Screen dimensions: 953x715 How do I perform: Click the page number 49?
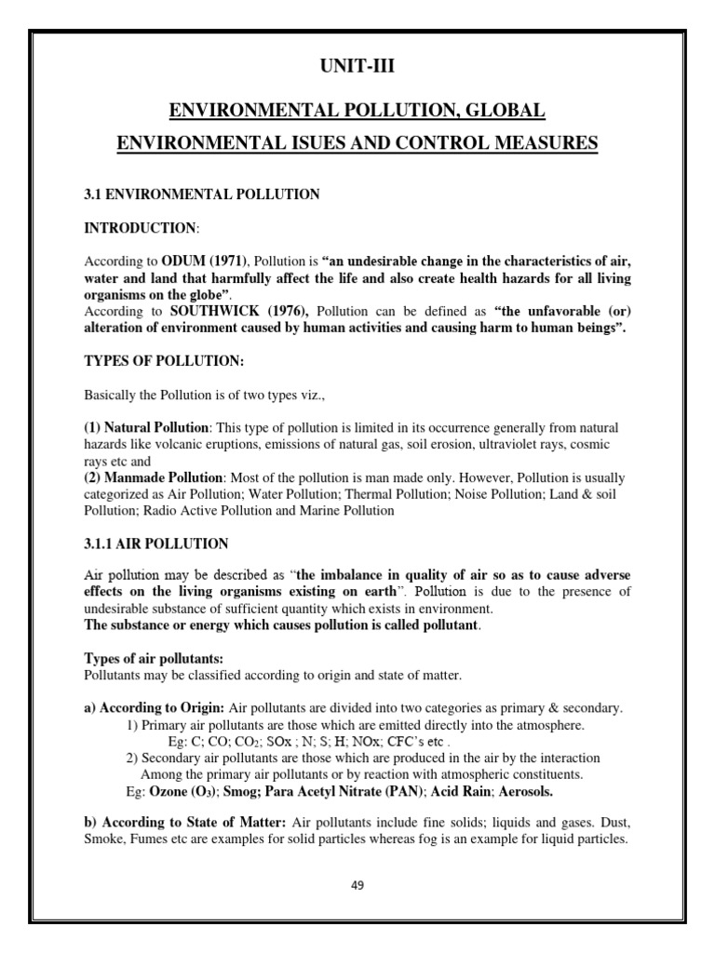tap(357, 885)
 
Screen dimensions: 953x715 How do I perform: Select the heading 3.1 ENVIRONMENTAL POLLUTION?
tap(202, 195)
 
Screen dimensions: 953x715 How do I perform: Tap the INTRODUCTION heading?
tap(141, 228)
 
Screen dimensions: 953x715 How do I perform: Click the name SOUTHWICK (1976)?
tap(242, 309)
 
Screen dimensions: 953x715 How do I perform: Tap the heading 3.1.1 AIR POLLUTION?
tap(156, 543)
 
